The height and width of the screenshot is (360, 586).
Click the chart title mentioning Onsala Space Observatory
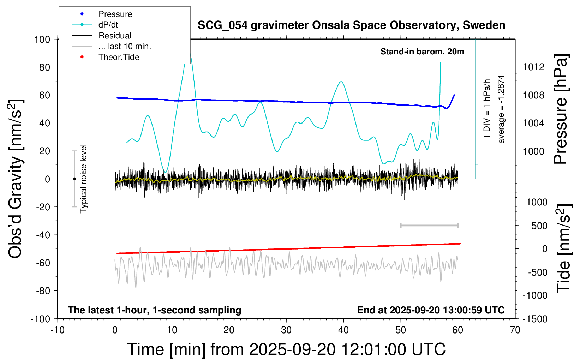[x=351, y=25]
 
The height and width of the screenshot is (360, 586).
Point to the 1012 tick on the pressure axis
[x=533, y=67]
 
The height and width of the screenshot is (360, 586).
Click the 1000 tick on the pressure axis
[x=533, y=151]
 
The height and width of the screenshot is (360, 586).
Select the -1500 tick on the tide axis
[x=535, y=319]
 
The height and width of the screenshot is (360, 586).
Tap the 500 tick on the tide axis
[x=539, y=226]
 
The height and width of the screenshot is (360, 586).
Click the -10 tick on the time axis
[x=58, y=330]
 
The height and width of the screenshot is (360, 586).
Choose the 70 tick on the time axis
[x=515, y=330]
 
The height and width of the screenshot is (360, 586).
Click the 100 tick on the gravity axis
[x=42, y=39]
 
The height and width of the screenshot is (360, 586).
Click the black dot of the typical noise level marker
[x=74, y=179]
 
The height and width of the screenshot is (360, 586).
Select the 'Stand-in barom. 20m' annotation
[x=422, y=52]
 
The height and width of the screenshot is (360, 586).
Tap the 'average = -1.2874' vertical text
[x=501, y=109]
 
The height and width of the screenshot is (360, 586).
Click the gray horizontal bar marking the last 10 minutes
[x=429, y=225]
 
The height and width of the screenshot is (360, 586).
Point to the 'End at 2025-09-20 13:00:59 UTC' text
[x=431, y=310]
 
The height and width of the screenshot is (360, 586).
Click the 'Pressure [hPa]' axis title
[x=561, y=109]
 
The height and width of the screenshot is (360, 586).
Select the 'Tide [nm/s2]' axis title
[x=564, y=248]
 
